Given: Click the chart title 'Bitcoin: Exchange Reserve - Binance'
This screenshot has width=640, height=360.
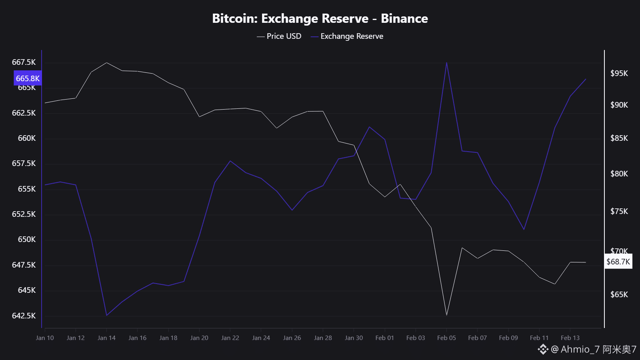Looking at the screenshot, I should [x=320, y=18].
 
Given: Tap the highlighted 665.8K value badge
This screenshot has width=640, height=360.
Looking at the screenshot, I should [x=28, y=78].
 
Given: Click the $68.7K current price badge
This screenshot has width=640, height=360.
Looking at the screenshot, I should [x=618, y=262].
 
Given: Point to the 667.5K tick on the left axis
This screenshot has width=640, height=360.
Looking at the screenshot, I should [x=24, y=62].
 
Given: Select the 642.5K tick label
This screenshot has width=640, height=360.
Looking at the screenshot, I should [x=24, y=316].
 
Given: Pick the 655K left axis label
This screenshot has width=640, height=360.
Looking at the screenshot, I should [x=26, y=189].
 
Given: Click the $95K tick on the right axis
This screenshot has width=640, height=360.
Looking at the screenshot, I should [x=619, y=73].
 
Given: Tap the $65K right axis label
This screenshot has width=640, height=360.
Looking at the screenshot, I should [x=619, y=294].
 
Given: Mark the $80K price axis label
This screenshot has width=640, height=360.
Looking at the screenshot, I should [x=619, y=174].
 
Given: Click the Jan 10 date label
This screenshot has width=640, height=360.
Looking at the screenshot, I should [x=45, y=338].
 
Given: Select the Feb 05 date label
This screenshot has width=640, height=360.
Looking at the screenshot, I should [x=446, y=338].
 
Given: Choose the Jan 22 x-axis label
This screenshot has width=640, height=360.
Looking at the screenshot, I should [x=230, y=338].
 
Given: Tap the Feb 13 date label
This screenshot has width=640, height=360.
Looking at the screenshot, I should [x=570, y=338].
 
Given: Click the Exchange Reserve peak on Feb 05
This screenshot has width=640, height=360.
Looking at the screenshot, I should [x=446, y=63].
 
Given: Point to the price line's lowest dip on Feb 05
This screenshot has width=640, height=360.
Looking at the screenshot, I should [x=446, y=315].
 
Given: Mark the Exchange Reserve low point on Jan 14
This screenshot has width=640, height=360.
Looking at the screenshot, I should [x=106, y=315].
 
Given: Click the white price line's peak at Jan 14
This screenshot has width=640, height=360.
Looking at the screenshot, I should [x=106, y=63].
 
